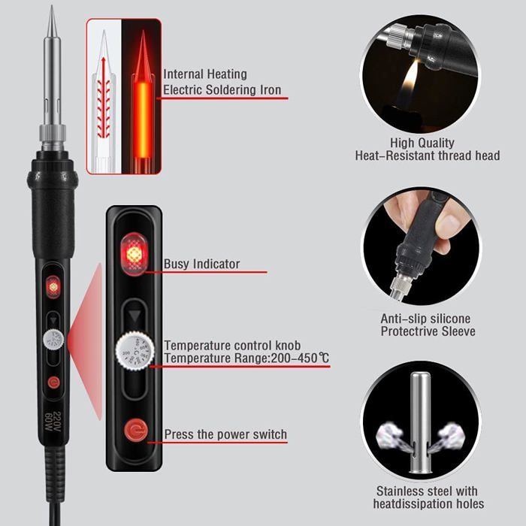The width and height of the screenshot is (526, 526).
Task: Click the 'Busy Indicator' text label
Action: (202, 264)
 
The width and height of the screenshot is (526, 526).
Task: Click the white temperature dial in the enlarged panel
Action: (135, 352)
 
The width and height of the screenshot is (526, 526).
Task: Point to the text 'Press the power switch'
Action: (225, 434)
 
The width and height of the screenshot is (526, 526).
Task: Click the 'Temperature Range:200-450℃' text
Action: (246, 358)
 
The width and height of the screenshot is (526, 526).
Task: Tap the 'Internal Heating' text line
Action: (205, 74)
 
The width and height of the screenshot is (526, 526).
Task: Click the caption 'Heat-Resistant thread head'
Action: (427, 156)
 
